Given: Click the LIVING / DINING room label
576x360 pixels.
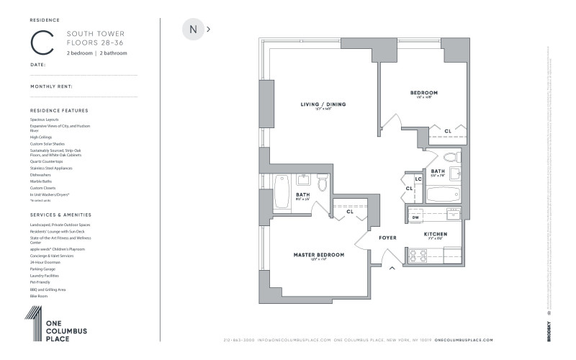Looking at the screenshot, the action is pos(323,105).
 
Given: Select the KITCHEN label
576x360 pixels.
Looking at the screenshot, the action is pos(436,234).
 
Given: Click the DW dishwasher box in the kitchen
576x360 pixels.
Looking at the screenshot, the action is pos(415,217).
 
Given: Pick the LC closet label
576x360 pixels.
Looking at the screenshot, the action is pos(418,179).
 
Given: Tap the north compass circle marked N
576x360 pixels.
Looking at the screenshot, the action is pos(193,30).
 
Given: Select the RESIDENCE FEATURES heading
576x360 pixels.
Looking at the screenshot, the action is pos(59,110).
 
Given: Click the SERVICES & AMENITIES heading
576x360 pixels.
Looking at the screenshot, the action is pos(61,215).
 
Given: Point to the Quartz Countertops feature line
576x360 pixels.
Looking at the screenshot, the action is pos(46,161).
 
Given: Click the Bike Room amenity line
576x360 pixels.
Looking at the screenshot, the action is pos(39,295).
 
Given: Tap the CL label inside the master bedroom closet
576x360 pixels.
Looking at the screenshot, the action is pos(350,212).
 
